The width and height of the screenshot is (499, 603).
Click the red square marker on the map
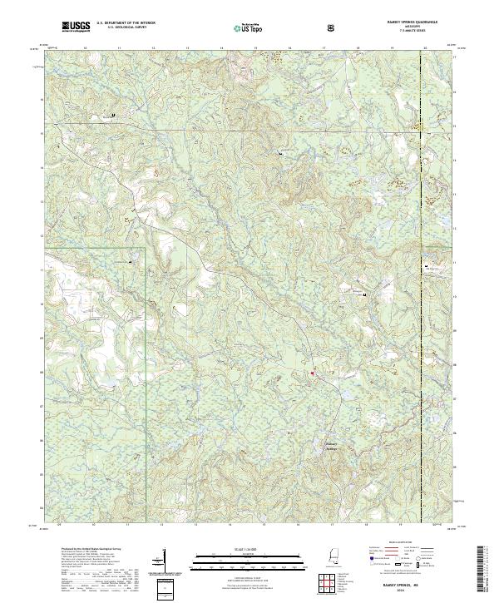click(x=312, y=373)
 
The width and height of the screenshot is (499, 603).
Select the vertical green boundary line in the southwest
click(x=146, y=374)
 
